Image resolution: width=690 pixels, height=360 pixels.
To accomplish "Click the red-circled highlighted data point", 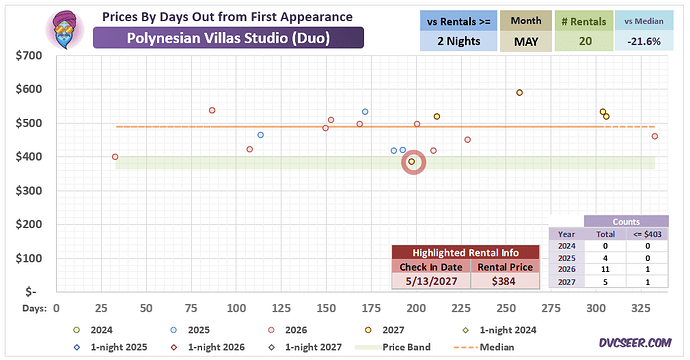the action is pos(412,162).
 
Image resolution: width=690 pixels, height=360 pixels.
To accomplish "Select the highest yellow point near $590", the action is pos(519,93).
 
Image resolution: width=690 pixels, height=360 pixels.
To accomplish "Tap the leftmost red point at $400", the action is pos(115,157).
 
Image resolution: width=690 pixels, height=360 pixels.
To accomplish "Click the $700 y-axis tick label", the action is pos(29,55).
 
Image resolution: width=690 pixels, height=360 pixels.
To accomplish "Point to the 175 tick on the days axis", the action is pos(371,308).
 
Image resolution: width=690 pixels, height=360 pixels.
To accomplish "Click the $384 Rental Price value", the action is pos(504,281).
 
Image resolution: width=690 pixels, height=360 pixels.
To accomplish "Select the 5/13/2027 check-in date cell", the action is pos(431,281).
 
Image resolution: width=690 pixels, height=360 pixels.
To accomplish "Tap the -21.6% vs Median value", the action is pos(644,41).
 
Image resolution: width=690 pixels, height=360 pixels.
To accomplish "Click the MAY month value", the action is pos(526,41).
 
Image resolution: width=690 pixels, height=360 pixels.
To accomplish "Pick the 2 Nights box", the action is pos(459,41).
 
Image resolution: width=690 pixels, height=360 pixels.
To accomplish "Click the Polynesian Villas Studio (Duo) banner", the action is pos(228,38).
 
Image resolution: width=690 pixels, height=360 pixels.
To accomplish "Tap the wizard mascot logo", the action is pos(65,29).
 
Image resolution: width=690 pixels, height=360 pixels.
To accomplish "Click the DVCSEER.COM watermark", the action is pos(635,343).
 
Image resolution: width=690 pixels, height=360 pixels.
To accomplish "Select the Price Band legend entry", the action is pos(393,347).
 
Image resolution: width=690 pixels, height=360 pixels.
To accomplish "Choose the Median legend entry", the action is pos(484,347).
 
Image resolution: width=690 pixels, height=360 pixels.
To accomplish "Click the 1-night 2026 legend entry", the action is pos(208,347).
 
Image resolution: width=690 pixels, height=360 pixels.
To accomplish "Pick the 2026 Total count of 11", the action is pos(605,269).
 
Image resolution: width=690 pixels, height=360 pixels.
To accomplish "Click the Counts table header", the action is pos(626,222).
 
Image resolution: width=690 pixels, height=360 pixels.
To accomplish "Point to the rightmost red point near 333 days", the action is pos(655,136).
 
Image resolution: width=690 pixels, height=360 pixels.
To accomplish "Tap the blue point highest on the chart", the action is pos(365,112).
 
